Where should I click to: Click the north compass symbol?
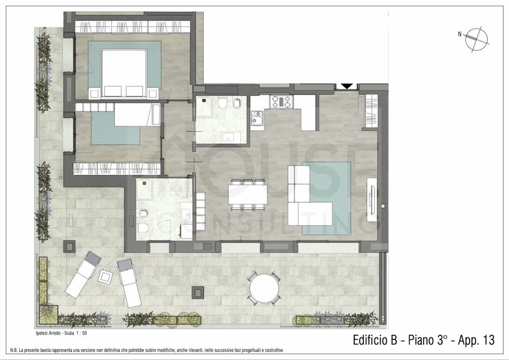click(x=477, y=39)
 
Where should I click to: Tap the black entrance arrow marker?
click(x=347, y=86)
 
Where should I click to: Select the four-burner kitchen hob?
click(x=281, y=101)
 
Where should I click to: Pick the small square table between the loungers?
click(x=105, y=276)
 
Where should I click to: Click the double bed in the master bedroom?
click(x=124, y=74)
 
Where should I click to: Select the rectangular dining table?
click(x=248, y=194)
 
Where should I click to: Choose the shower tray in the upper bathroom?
click(x=204, y=107)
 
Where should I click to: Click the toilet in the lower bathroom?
click(x=143, y=228)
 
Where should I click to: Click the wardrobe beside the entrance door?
click(x=372, y=111)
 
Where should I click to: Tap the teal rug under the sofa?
click(x=327, y=198)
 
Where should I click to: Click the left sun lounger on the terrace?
click(x=84, y=274)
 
